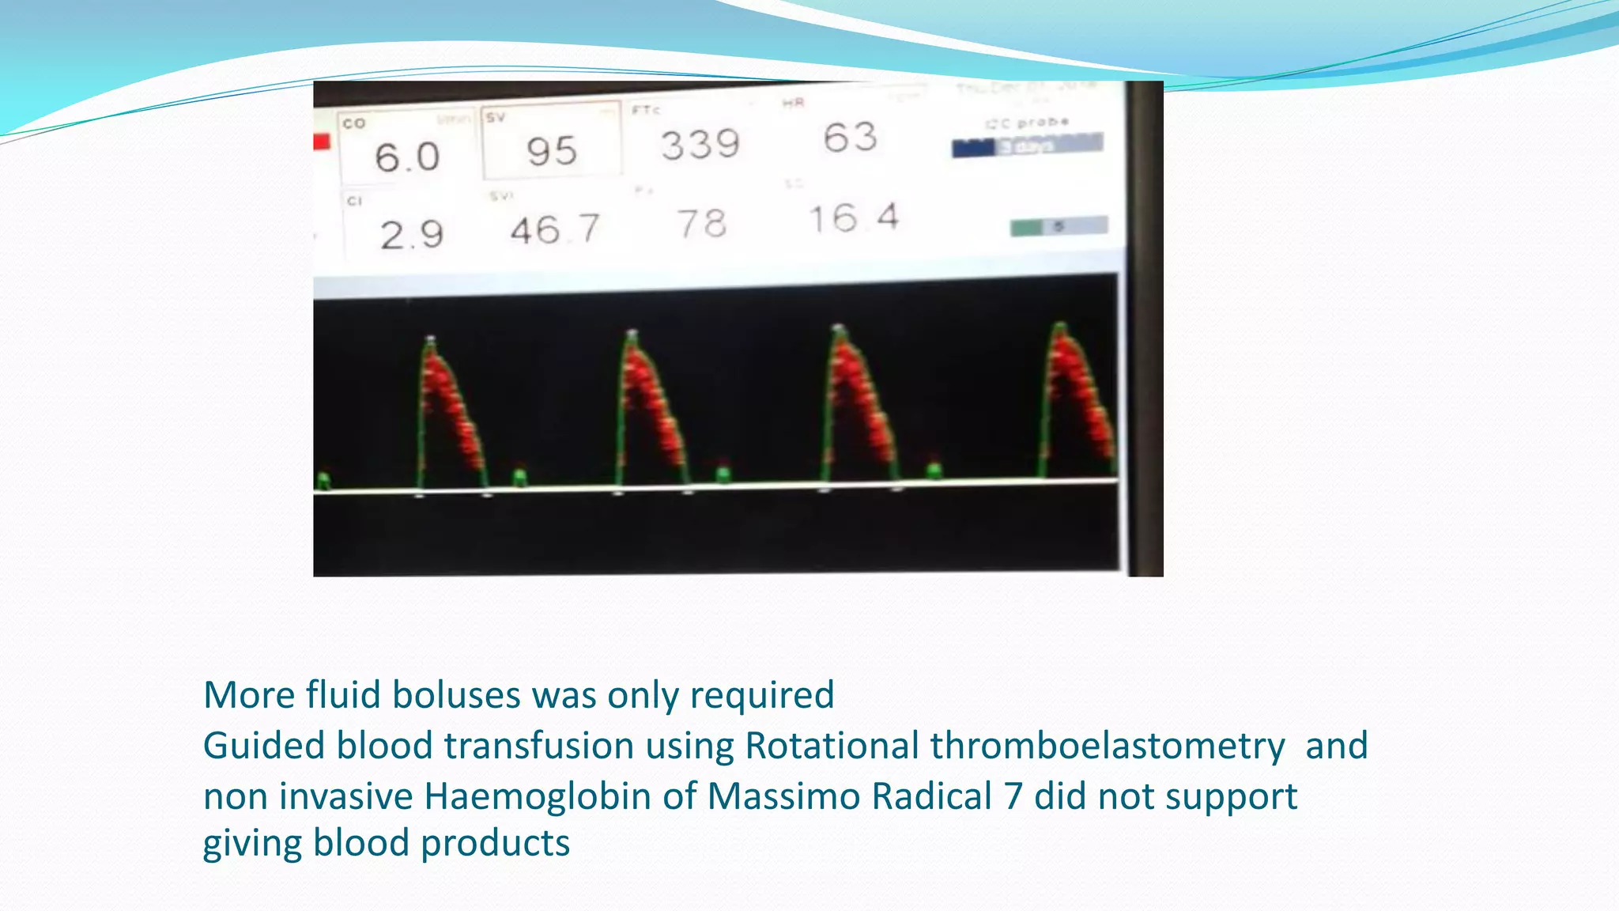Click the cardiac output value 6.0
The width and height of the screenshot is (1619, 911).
(407, 157)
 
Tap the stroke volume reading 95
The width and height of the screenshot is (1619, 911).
(552, 151)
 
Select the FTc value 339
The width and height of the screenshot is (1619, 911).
(700, 145)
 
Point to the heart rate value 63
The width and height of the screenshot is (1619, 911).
(851, 138)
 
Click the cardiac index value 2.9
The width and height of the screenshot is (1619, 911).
(412, 235)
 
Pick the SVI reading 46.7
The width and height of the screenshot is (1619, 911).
(555, 230)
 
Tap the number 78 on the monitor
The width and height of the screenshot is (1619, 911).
(702, 224)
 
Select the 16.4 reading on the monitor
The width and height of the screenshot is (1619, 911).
(855, 218)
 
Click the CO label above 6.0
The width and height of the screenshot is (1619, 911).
(354, 123)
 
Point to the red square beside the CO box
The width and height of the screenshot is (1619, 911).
(322, 142)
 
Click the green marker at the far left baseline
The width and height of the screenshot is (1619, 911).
(323, 480)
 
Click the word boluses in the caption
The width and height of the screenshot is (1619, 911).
(456, 695)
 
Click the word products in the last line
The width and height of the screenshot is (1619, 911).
(495, 844)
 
